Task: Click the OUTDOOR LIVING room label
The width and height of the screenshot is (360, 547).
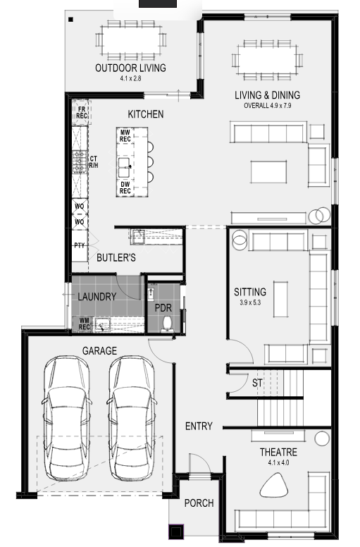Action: (131, 68)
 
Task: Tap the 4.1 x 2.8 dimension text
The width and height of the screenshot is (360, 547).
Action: (131, 78)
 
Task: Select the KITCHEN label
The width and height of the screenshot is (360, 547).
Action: (146, 114)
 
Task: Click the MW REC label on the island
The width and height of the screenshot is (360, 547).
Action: (125, 136)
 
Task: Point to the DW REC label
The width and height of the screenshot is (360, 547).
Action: (125, 188)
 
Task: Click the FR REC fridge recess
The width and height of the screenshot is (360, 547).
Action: (82, 113)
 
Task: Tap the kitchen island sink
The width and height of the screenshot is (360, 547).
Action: (124, 168)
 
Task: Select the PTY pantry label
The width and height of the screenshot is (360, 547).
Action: (80, 245)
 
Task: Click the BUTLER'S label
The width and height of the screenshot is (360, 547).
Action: (116, 258)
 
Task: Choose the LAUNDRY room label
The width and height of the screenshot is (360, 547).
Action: (97, 297)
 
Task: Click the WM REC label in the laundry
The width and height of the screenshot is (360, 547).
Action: (85, 324)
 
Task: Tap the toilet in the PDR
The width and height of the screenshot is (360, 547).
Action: (167, 324)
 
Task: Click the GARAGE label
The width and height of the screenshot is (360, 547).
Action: (99, 350)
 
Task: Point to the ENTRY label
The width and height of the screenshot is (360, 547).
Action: (199, 426)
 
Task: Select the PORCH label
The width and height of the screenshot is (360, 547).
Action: (199, 503)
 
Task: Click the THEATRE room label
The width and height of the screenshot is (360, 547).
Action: (278, 452)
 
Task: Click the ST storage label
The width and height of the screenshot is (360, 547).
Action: (257, 383)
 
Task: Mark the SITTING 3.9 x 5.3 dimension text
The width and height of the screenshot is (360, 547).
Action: (250, 302)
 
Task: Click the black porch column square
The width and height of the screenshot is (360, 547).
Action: (176, 532)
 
